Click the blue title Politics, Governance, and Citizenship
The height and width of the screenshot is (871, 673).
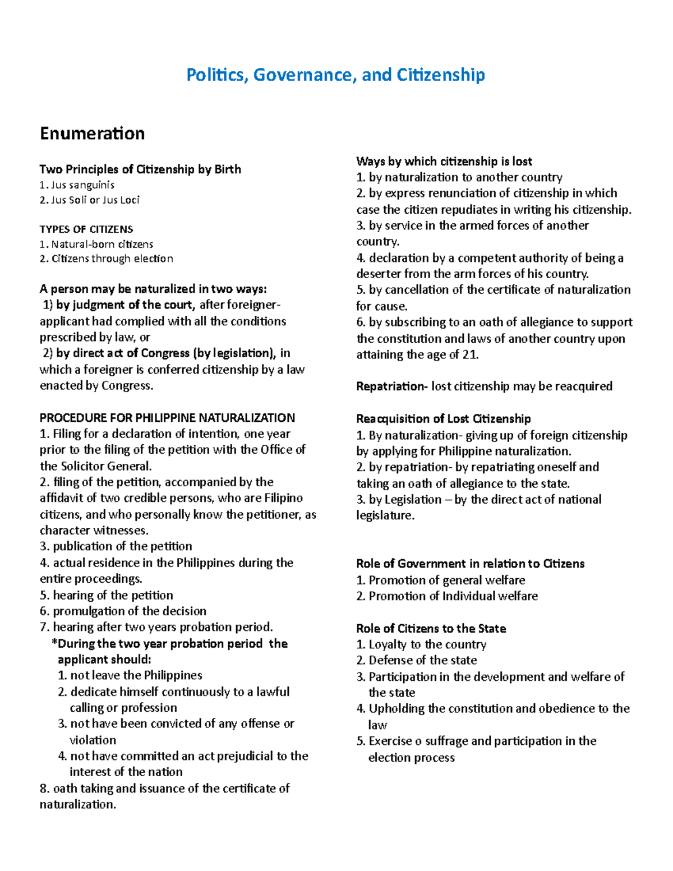[335, 75]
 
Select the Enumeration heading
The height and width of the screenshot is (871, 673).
[92, 133]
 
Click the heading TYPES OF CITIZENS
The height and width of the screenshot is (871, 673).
[86, 229]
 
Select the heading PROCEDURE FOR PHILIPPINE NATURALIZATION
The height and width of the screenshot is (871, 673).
[167, 418]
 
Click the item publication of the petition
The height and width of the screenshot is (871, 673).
[122, 546]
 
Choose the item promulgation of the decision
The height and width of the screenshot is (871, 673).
[129, 611]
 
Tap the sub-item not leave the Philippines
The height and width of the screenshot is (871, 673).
[136, 675]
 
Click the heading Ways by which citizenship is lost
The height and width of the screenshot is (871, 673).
[444, 162]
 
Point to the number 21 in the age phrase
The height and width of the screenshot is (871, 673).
[469, 354]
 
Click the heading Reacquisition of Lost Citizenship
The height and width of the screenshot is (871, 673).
[443, 419]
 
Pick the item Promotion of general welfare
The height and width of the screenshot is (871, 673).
[446, 580]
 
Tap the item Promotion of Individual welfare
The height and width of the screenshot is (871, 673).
[453, 596]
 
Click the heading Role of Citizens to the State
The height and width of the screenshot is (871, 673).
[431, 628]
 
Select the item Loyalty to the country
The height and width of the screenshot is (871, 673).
[427, 644]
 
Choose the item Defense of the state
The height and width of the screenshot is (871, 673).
[422, 660]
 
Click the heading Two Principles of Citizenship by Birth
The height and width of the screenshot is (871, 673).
[140, 169]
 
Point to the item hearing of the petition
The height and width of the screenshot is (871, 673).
[113, 595]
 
